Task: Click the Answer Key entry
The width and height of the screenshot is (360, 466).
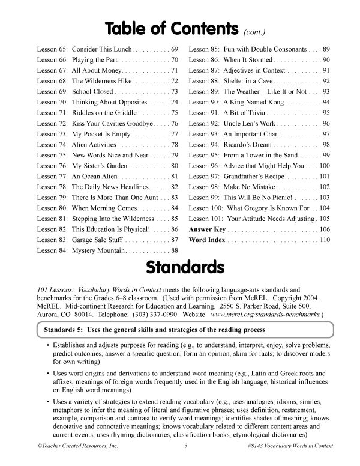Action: (207, 229)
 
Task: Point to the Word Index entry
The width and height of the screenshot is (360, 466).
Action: (207, 240)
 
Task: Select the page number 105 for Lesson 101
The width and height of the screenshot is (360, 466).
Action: (325, 219)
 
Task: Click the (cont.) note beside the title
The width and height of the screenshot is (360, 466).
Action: (256, 31)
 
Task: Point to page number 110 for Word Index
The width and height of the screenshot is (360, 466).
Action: (325, 240)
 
